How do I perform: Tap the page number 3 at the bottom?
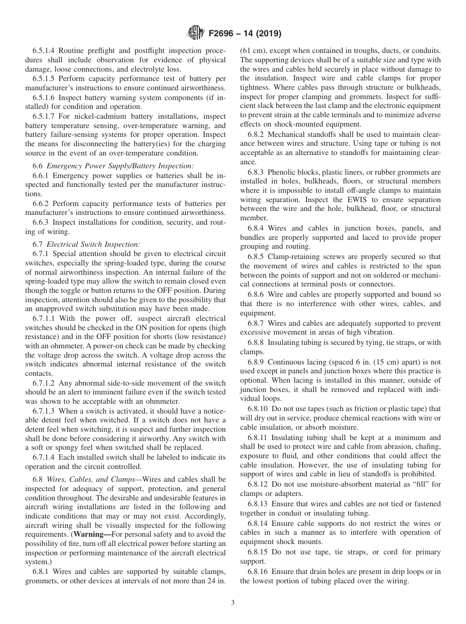[233, 603]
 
